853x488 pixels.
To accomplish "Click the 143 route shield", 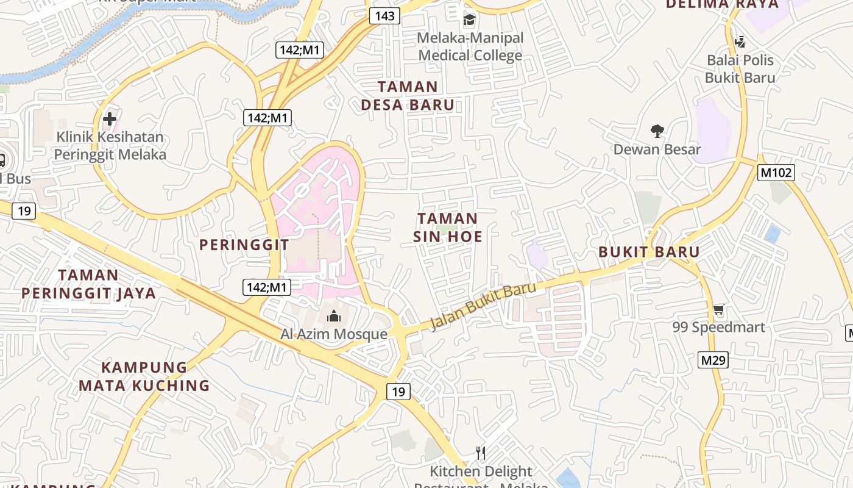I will (x=384, y=16).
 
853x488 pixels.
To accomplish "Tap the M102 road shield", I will (x=776, y=173).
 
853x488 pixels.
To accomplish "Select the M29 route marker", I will (x=713, y=360).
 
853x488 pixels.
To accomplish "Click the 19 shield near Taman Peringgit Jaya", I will (x=24, y=211).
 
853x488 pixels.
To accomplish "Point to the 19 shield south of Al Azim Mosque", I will (x=398, y=392).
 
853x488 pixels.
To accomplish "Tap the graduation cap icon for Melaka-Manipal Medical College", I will (x=469, y=20).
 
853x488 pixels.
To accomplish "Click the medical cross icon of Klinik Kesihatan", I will (x=110, y=118).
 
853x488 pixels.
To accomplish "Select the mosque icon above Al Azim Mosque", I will (x=333, y=316).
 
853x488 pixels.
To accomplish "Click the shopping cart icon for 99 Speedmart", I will (x=718, y=310).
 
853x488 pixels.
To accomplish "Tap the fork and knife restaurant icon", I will (x=481, y=453).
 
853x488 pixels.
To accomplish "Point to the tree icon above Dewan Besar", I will (x=657, y=131).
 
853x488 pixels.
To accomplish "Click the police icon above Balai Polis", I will (x=740, y=42).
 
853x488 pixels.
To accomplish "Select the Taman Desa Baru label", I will (x=408, y=96).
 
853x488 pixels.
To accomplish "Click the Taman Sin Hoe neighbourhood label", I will (x=448, y=228).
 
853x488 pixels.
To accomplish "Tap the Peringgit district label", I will (x=244, y=245).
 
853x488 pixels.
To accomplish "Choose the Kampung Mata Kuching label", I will (x=144, y=376).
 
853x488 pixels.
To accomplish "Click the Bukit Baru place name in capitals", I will (x=649, y=252).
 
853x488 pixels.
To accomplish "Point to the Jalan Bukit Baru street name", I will (x=483, y=307).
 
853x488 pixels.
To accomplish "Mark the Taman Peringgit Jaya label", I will (x=89, y=284).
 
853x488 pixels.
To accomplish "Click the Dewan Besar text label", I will (x=657, y=149).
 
